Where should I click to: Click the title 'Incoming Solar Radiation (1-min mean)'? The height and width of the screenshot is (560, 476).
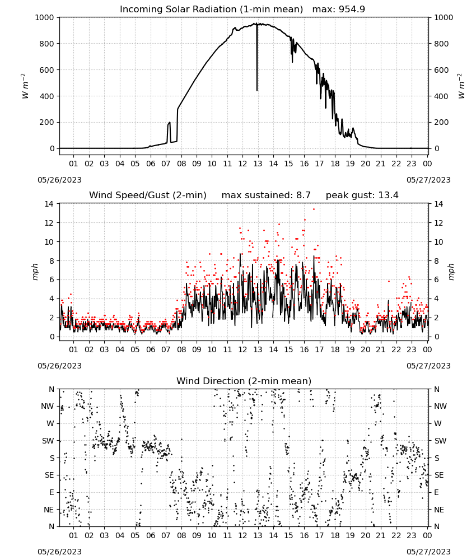[x=211, y=10]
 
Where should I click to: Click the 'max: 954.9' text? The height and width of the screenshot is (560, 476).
[x=339, y=10]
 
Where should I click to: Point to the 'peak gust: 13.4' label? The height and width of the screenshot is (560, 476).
[x=362, y=195]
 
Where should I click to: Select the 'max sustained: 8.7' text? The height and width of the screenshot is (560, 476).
[x=266, y=195]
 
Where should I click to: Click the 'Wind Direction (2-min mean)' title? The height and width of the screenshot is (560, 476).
[x=244, y=381]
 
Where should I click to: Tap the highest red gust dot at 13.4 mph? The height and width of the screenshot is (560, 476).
[x=314, y=209]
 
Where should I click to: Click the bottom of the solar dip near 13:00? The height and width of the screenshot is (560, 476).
[x=256, y=90]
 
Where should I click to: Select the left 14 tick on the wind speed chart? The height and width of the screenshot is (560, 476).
[x=49, y=204]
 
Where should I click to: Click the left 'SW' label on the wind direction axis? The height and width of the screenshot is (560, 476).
[x=48, y=441]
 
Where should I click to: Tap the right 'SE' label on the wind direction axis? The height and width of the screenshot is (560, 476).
[x=439, y=475]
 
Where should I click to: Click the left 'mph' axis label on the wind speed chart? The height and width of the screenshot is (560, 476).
[x=35, y=272]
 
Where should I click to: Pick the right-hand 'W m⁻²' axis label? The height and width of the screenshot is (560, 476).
[x=461, y=86]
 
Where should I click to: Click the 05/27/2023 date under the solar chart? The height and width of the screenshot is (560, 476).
[x=428, y=180]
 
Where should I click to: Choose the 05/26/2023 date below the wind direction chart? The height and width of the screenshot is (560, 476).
[x=59, y=552]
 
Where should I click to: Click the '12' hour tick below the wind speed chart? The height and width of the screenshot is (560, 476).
[x=242, y=349]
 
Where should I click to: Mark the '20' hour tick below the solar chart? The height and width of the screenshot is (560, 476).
[x=365, y=164]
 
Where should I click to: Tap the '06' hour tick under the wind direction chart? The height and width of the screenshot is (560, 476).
[x=150, y=536]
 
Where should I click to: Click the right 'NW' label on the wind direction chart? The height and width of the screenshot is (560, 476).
[x=440, y=407]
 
